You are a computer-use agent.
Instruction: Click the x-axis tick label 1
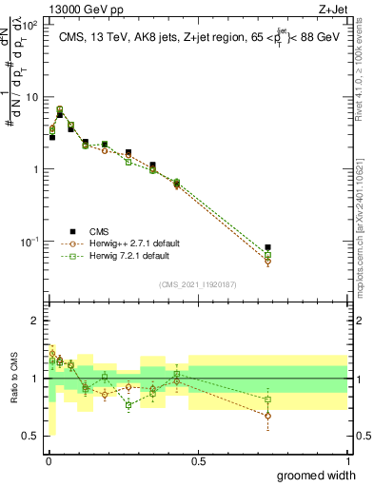tap(348, 461)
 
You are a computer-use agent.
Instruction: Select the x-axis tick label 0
tap(48, 461)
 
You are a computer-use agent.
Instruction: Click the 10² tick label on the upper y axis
tap(30, 25)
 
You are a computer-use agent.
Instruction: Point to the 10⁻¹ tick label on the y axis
tap(30, 242)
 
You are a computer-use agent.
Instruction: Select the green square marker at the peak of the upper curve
tap(60, 109)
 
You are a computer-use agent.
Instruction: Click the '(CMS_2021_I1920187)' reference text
tap(197, 283)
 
